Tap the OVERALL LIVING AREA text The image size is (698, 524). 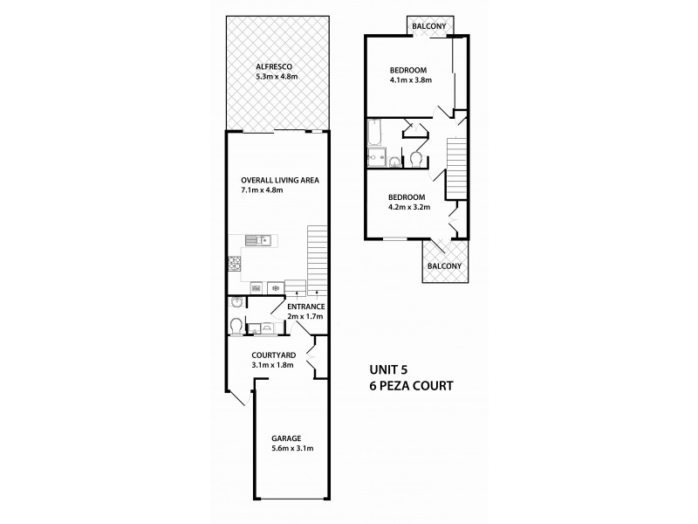(x=280, y=180)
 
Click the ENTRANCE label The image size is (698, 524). (x=306, y=307)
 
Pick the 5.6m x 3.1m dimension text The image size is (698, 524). (x=292, y=449)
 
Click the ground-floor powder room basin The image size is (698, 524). (x=236, y=302)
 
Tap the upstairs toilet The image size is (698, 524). (x=416, y=160)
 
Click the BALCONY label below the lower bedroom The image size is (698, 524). (x=444, y=266)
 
